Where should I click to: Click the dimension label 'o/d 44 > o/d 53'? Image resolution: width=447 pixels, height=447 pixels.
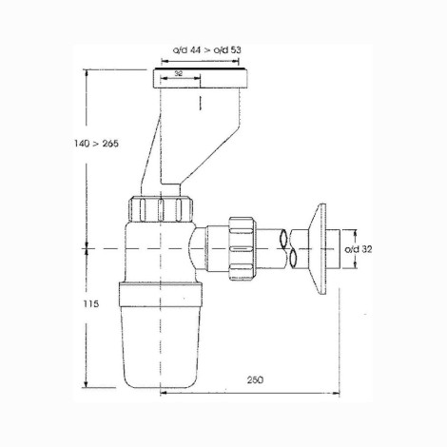(206, 50)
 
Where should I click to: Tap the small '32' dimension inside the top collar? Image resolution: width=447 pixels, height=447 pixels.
(179, 73)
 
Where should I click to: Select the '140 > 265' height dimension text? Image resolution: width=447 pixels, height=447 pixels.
(96, 144)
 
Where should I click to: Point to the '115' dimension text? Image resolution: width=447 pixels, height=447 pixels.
(91, 304)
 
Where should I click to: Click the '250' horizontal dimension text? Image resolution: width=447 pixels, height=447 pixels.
(255, 379)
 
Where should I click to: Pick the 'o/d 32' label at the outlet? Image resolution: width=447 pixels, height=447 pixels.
(359, 249)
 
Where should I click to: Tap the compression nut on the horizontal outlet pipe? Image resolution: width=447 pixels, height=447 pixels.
(243, 249)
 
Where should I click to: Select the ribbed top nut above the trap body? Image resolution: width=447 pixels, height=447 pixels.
(161, 209)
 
